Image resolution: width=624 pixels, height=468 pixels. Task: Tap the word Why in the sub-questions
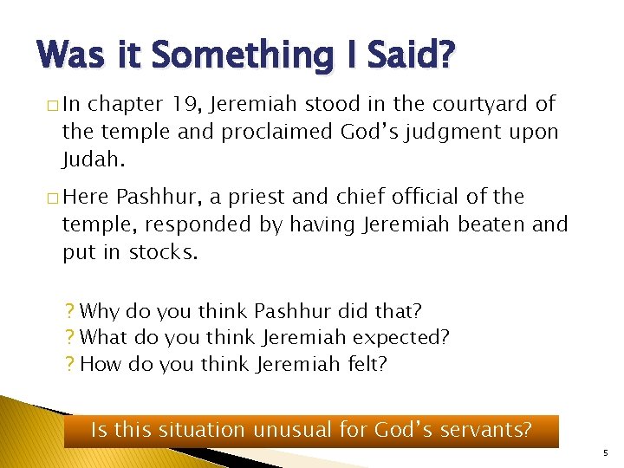click(x=99, y=310)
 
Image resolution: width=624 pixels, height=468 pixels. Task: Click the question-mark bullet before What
click(x=69, y=337)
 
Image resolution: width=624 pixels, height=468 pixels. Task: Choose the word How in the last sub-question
click(x=100, y=364)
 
